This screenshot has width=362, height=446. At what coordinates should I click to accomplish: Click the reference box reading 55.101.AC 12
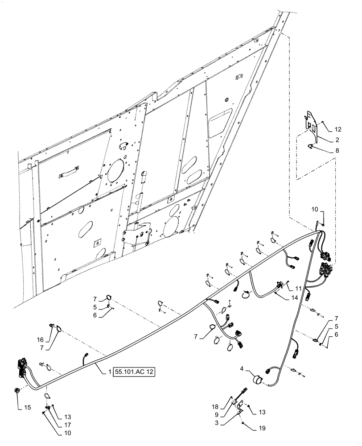pyautogui.click(x=134, y=372)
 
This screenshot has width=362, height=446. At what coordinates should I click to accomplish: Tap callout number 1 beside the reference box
pyautogui.click(x=109, y=372)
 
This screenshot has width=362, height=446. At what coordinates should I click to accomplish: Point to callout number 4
pyautogui.click(x=242, y=368)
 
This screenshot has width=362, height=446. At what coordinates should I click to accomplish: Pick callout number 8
pyautogui.click(x=337, y=151)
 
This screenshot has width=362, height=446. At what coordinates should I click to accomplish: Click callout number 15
pyautogui.click(x=18, y=408)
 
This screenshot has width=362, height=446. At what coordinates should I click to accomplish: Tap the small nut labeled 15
pyautogui.click(x=17, y=391)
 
